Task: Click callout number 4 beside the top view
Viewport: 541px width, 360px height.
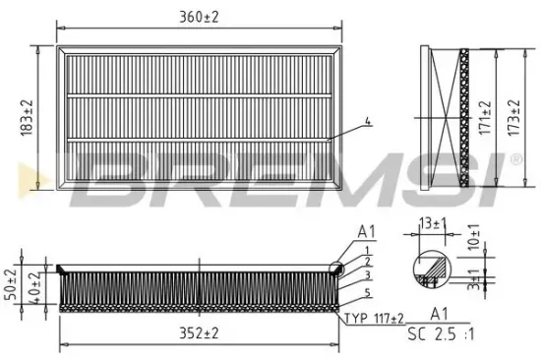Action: pos(368,122)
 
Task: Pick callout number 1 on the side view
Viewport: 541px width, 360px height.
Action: pos(367,251)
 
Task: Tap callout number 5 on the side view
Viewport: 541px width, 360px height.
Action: pos(367,293)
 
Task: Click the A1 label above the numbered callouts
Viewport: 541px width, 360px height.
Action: pos(367,232)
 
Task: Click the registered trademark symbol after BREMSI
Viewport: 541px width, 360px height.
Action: pos(515,158)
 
